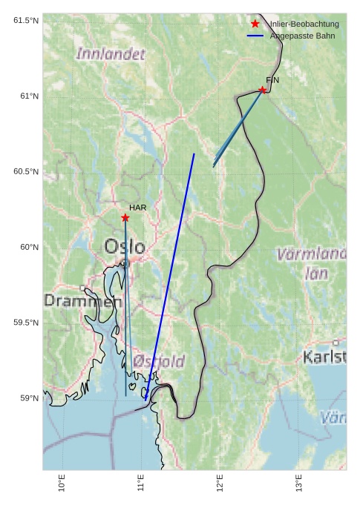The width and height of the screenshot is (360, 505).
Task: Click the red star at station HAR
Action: click(125, 217)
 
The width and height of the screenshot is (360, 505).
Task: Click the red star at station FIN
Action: click(262, 90)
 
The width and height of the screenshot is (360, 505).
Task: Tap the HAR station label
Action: click(137, 208)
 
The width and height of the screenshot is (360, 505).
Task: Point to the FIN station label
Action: click(272, 79)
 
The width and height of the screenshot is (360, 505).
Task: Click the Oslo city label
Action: click(125, 246)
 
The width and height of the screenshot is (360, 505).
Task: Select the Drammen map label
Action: click(82, 301)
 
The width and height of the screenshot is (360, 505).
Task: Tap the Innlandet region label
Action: click(111, 54)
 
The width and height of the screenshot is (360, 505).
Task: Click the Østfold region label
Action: click(159, 361)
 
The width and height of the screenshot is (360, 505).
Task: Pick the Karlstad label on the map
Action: click(324, 357)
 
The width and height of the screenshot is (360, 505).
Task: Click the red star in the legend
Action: click(255, 24)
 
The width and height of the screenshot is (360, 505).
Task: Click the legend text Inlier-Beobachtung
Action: click(304, 24)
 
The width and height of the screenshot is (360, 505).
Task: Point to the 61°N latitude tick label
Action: click(25, 96)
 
